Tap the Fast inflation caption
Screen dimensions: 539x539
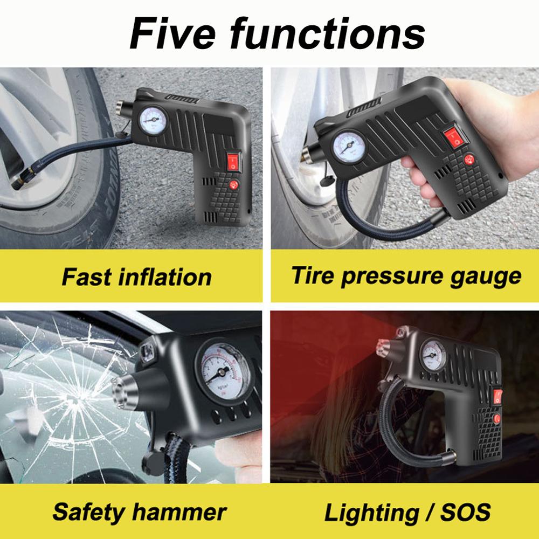136,277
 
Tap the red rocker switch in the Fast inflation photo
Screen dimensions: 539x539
232,161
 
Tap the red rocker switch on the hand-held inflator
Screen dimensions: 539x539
455,139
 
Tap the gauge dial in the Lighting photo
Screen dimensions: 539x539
434,354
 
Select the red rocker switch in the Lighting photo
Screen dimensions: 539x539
499,396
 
